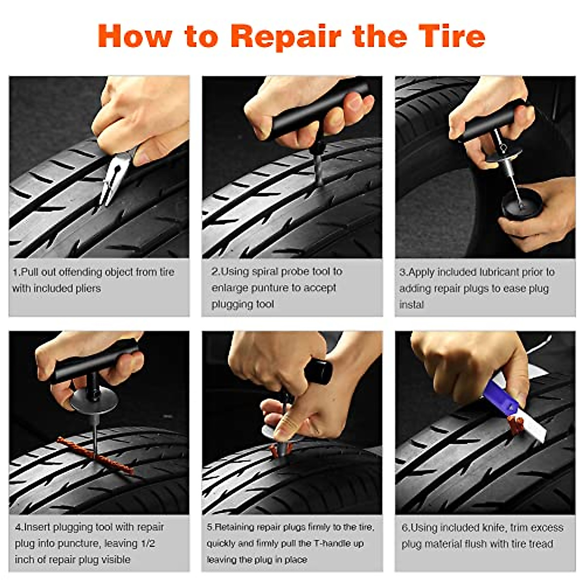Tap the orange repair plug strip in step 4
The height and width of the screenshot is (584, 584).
pos(95,456)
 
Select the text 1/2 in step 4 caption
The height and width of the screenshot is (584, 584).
pos(144,543)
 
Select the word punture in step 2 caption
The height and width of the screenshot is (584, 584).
pos(270,288)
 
